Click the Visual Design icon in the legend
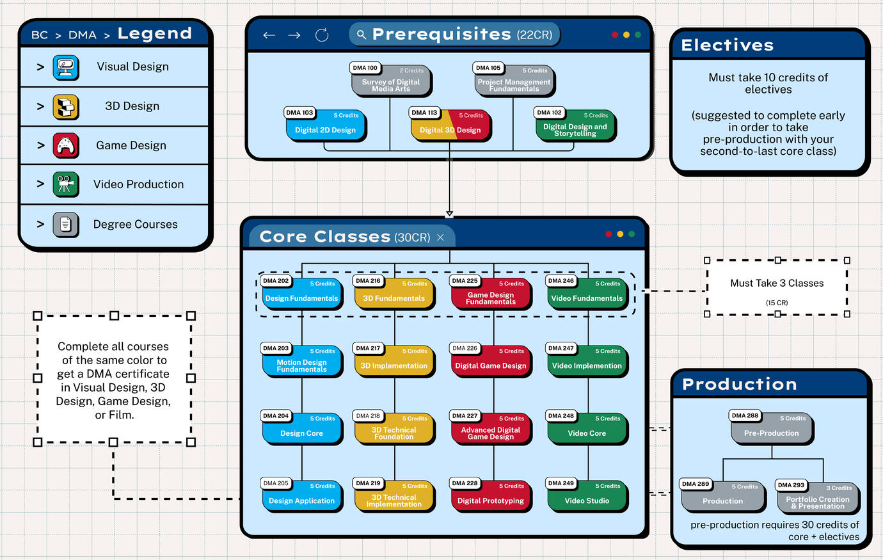pyautogui.click(x=66, y=67)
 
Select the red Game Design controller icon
pyautogui.click(x=66, y=145)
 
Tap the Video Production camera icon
pyautogui.click(x=66, y=184)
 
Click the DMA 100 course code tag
pyautogui.click(x=365, y=68)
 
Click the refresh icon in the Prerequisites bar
pyautogui.click(x=322, y=35)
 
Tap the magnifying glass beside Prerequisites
pyautogui.click(x=362, y=35)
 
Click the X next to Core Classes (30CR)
pyautogui.click(x=440, y=237)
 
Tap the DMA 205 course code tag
pyautogui.click(x=276, y=483)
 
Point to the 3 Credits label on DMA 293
pyautogui.click(x=839, y=488)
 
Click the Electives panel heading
pyautogui.click(x=728, y=45)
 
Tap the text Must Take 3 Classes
pyautogui.click(x=777, y=283)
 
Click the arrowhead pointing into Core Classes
pyautogui.click(x=450, y=214)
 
